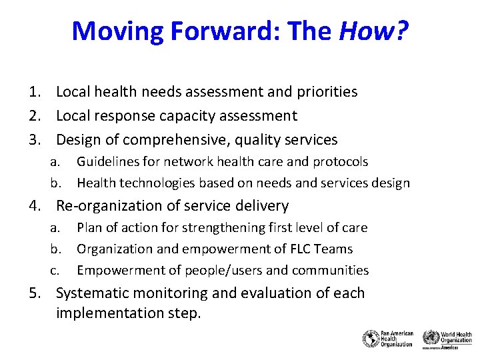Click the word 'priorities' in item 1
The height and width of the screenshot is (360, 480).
(325, 92)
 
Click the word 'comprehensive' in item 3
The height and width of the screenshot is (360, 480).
(181, 140)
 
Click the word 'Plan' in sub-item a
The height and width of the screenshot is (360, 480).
(89, 227)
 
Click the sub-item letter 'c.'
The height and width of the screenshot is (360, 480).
(56, 271)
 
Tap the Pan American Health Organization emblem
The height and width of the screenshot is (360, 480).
(370, 339)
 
